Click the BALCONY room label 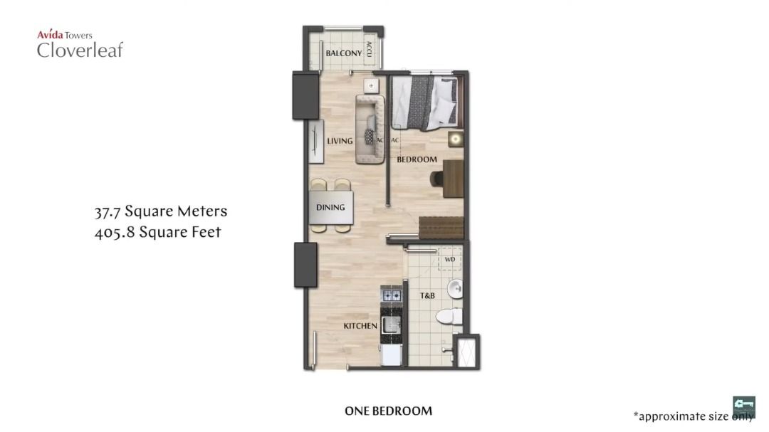[344, 53]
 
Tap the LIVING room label [340, 141]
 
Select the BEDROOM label [417, 159]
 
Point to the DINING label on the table [330, 208]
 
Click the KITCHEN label [360, 326]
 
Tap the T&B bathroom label [427, 295]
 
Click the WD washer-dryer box [449, 259]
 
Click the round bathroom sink [454, 288]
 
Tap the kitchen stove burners [390, 294]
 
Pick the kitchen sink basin [391, 325]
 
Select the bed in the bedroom [425, 102]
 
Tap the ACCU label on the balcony [369, 50]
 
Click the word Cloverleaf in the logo [80, 50]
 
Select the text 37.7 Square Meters [161, 211]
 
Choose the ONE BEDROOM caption [388, 411]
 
